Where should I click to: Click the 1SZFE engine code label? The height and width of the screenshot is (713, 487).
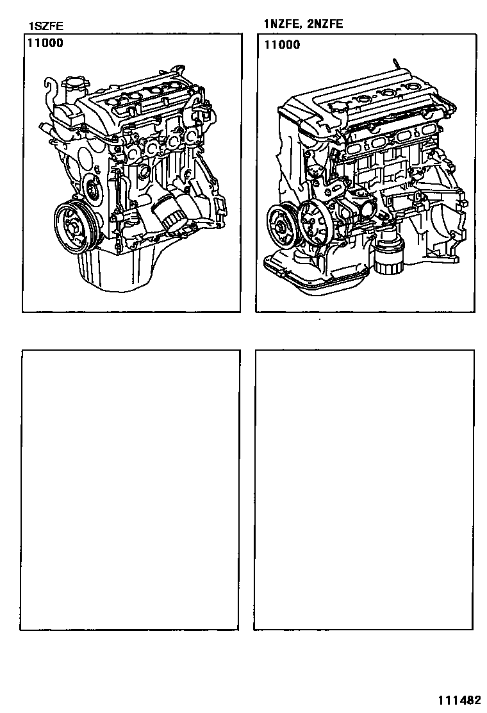(45, 26)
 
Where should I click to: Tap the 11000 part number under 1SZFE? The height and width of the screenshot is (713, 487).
(45, 43)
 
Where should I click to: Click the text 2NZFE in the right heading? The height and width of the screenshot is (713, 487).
(325, 24)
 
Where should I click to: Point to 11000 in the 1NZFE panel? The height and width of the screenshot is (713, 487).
(282, 45)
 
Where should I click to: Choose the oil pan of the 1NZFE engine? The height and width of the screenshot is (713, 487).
(318, 271)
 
